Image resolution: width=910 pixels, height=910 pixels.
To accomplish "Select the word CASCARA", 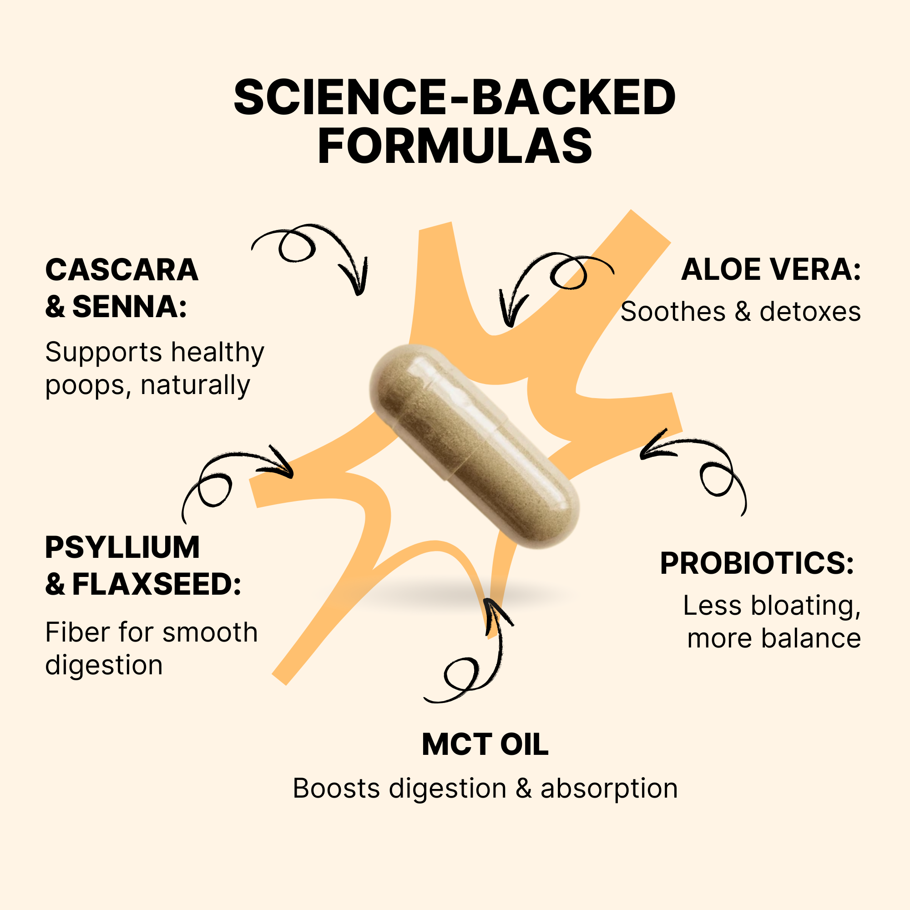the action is [121, 270].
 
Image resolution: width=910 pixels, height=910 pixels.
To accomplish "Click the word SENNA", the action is [129, 307].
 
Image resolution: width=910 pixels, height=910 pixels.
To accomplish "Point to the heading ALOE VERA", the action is [771, 270].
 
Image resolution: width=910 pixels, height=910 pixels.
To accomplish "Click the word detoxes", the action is [810, 312].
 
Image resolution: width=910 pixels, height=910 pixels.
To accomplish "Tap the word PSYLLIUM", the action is [122, 547].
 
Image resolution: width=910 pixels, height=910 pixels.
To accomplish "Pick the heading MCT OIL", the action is [485, 745].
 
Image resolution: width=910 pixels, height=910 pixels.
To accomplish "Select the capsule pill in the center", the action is [474, 446].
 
